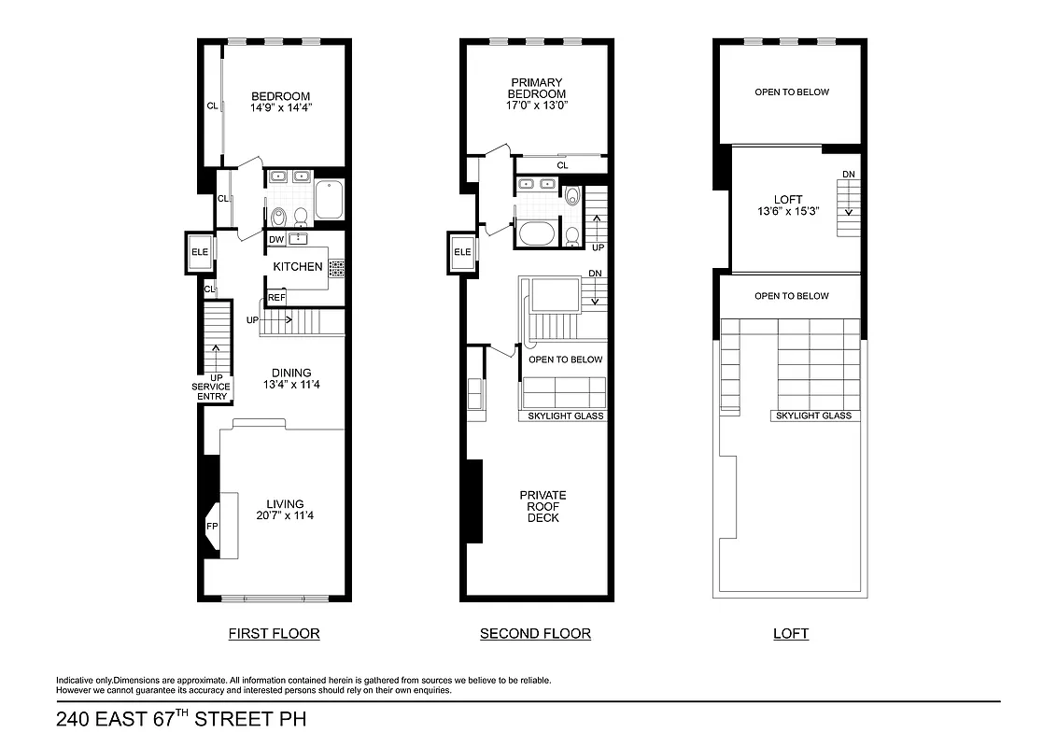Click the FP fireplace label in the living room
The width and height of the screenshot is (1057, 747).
211,527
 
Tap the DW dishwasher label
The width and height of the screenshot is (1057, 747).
276,240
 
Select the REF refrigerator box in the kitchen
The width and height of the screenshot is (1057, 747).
276,298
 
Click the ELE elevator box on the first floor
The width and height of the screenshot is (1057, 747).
199,252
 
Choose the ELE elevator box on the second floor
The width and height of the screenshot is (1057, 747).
462,252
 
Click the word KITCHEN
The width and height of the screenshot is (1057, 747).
298,267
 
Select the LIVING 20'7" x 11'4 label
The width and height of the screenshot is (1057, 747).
285,510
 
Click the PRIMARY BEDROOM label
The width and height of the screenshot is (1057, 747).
537,93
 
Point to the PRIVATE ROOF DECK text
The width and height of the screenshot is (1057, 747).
543,506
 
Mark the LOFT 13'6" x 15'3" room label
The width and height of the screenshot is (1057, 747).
788,205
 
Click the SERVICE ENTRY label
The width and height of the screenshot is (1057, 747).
211,391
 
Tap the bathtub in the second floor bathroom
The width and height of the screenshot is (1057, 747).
537,233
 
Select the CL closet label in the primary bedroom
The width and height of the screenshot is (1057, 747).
562,165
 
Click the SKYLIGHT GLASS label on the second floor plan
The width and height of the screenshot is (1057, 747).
566,416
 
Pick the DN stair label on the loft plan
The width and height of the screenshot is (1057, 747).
848,175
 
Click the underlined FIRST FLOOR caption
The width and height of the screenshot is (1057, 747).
275,634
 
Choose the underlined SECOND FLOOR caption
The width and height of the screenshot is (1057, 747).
535,634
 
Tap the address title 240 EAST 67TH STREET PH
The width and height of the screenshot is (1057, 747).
181,720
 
